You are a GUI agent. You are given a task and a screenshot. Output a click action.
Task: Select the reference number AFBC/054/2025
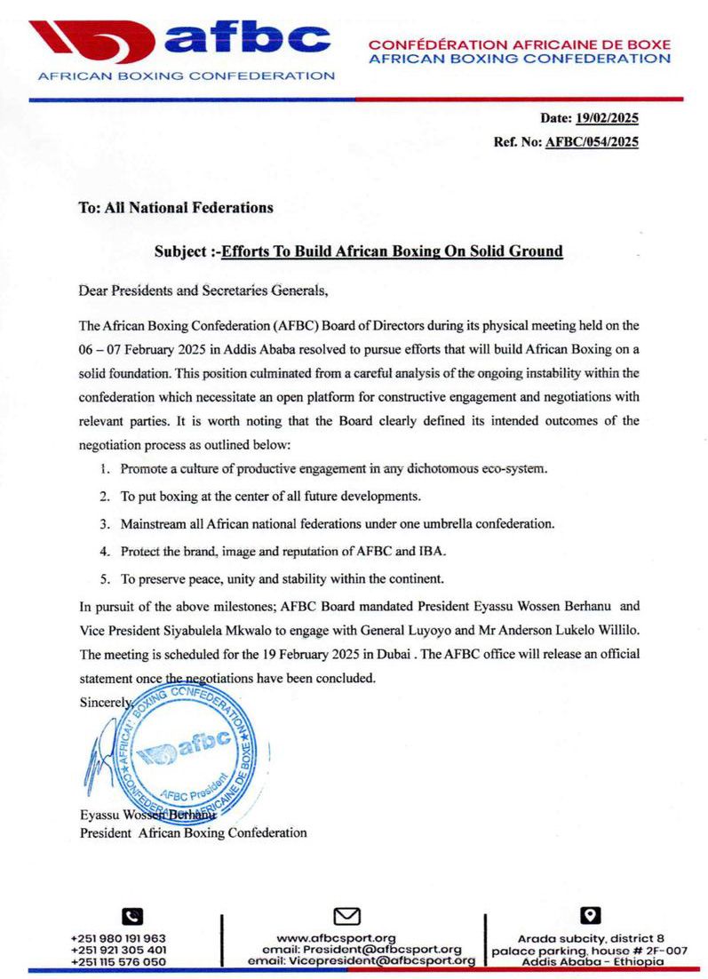click(592, 141)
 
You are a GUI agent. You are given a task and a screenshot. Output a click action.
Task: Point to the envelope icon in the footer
click(346, 916)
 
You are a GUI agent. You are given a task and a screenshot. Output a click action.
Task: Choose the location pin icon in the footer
click(591, 915)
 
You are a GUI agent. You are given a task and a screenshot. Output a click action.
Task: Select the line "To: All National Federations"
click(176, 208)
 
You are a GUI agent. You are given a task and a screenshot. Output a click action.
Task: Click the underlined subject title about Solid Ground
click(392, 251)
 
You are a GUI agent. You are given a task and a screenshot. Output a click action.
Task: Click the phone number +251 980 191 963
click(119, 938)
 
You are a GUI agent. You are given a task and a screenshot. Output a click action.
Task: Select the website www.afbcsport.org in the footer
click(337, 938)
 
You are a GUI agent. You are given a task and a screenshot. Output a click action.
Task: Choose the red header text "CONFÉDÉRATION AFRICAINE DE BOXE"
click(520, 44)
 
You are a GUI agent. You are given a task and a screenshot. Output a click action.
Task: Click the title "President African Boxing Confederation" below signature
click(194, 833)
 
